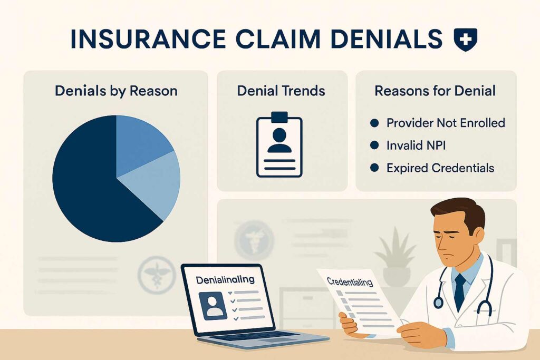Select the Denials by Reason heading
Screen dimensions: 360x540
point(116,91)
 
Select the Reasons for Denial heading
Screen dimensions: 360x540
point(435,91)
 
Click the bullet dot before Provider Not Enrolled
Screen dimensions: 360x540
point(375,123)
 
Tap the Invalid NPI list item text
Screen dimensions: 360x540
point(416,145)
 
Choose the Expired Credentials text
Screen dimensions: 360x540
point(440,168)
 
